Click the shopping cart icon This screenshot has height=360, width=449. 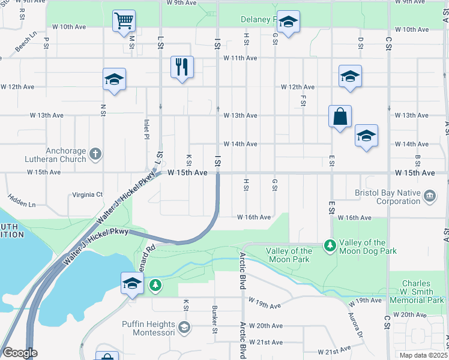point(124,21)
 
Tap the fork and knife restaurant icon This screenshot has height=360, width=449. point(182,67)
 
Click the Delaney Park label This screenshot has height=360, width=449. point(259,20)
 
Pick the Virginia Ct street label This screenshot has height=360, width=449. point(88,194)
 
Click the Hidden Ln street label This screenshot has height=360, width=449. point(22,200)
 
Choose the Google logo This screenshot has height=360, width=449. point(20,353)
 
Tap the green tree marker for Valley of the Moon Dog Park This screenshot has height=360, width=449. point(330,245)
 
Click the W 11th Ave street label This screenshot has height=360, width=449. point(240,58)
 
